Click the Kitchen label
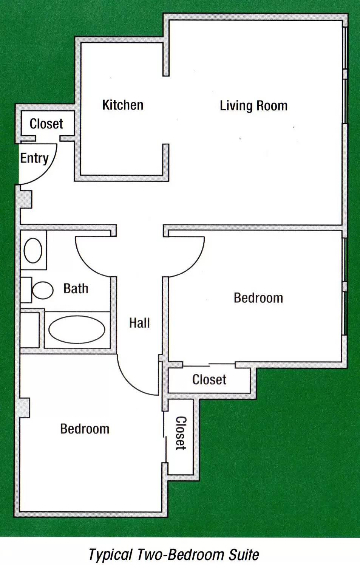point(123,105)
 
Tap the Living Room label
point(253,106)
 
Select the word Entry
point(34,159)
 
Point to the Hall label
point(139,323)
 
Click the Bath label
point(76,288)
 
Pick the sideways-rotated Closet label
point(181,433)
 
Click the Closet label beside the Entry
point(46,124)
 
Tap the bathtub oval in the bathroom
point(77,330)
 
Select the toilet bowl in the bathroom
point(43,290)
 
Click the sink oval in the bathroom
point(33,251)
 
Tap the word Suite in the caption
point(244,554)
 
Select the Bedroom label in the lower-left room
point(85,429)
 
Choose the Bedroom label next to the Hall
point(258,298)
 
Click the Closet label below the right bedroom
point(209,379)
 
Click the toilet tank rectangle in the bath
point(26,290)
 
